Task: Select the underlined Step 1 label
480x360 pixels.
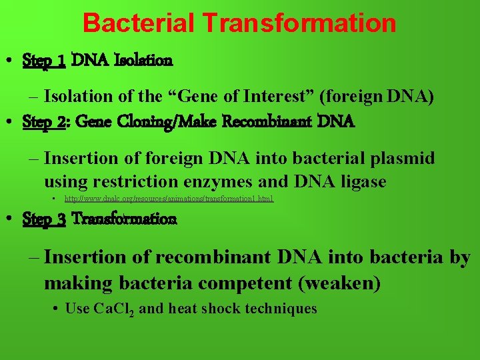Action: pyautogui.click(x=44, y=61)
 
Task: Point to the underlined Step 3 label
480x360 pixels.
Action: pyautogui.click(x=44, y=219)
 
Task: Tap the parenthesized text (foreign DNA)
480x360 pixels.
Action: pyautogui.click(x=377, y=97)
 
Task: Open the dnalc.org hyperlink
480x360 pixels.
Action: pyautogui.click(x=169, y=199)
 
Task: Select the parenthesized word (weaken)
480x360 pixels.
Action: pyautogui.click(x=339, y=283)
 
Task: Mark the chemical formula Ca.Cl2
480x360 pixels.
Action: pyautogui.click(x=114, y=309)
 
